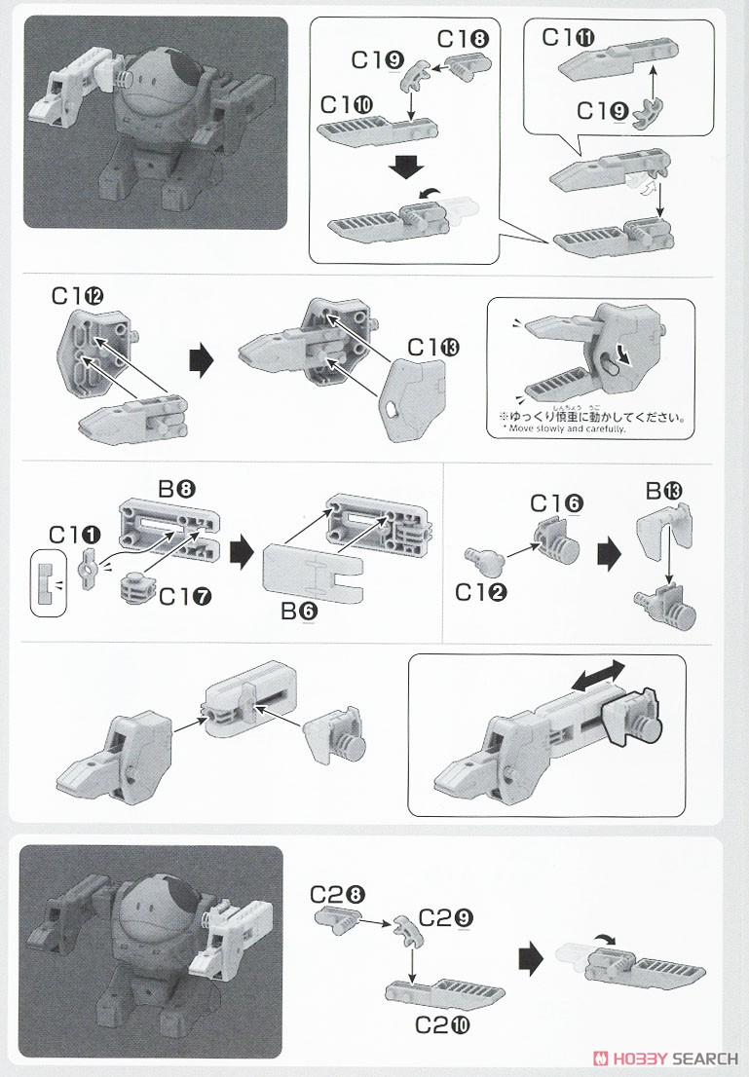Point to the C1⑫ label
click(x=78, y=295)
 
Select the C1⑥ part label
click(x=557, y=503)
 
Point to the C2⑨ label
click(x=447, y=917)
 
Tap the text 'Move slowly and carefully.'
click(x=564, y=428)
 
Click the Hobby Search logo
click(x=672, y=1058)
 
